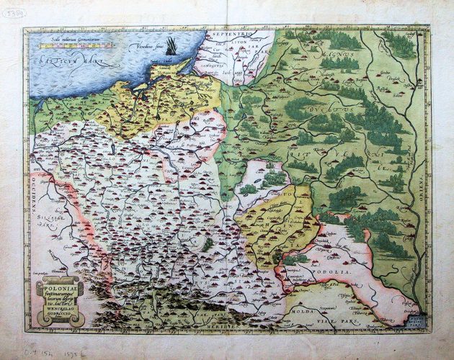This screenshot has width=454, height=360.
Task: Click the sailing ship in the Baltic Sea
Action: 169,47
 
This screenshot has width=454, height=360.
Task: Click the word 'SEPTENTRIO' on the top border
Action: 225,34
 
